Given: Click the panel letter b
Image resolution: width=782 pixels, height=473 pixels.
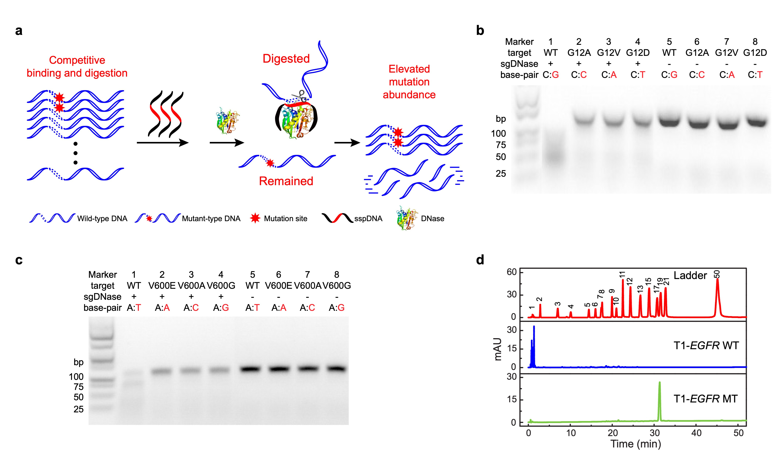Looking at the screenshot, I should point(480,31).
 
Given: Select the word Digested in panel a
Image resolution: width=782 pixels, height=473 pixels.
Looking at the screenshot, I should point(286,59).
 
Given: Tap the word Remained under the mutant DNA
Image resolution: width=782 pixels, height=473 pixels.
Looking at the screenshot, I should point(286,181).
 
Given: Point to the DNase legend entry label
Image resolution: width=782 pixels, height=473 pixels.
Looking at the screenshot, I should point(432,218).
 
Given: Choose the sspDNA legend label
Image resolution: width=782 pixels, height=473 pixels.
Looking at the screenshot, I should point(368,218).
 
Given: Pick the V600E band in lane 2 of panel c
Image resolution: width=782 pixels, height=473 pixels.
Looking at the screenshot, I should point(162,371).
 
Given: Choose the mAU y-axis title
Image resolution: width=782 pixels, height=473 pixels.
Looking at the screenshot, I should point(498,349).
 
